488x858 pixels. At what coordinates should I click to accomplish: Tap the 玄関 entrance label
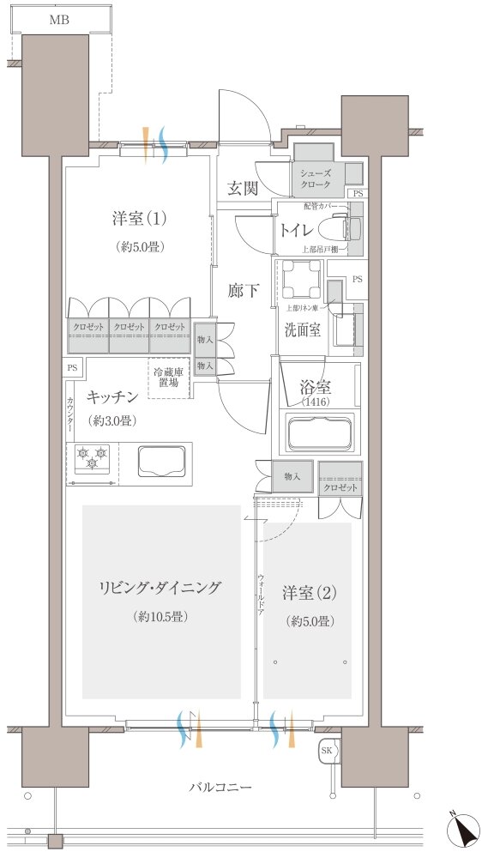[244, 189]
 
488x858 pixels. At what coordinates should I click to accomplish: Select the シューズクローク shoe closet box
[320, 178]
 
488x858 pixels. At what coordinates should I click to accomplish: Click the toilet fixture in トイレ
[332, 229]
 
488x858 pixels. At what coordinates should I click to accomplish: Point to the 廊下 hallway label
[244, 290]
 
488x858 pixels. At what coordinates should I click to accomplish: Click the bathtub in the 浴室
[320, 432]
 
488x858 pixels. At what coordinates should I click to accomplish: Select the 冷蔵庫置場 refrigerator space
[169, 378]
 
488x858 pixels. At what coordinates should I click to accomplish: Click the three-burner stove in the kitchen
[92, 459]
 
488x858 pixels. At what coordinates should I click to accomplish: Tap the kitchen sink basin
[162, 461]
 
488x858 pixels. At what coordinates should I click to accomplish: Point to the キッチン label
[112, 396]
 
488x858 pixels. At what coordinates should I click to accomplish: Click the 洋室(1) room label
[139, 218]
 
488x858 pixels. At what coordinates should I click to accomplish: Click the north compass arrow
[467, 831]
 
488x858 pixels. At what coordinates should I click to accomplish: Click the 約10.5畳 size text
[160, 617]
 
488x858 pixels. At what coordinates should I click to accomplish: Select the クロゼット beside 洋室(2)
[339, 486]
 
